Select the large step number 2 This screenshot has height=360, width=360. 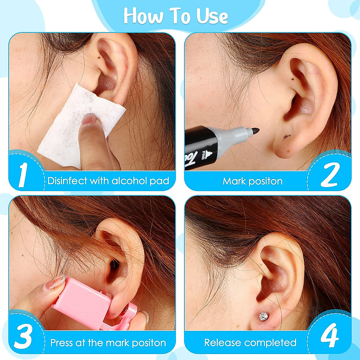click(x=329, y=175)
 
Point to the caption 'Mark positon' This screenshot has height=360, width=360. click(x=253, y=181)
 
